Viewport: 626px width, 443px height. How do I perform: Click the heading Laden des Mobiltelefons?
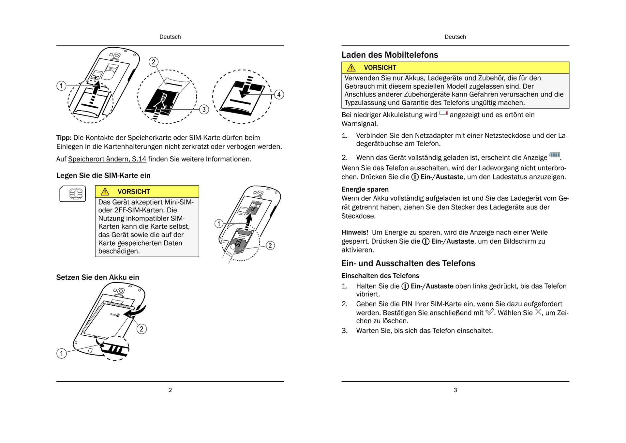point(390,55)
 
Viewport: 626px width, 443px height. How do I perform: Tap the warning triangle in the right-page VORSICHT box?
point(351,68)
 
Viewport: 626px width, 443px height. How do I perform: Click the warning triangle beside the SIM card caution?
point(105,191)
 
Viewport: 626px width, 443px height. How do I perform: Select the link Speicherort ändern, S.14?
point(107,159)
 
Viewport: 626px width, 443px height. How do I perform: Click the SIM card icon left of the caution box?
point(73,194)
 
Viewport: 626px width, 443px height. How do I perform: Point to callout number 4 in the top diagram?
point(279,95)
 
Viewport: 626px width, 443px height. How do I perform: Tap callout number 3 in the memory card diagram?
point(204,109)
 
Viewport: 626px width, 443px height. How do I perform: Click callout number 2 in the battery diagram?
point(142,329)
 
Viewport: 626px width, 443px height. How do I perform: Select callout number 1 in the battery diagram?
point(61,353)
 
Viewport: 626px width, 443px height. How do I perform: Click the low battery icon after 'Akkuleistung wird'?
point(443,113)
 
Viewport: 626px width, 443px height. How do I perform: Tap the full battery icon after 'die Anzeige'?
point(555,155)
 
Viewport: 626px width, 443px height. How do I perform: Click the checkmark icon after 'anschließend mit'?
point(489,312)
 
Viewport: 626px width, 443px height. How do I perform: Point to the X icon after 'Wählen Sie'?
point(538,312)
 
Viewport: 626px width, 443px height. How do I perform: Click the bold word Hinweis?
point(355,233)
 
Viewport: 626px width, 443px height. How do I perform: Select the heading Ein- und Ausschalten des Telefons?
point(408,263)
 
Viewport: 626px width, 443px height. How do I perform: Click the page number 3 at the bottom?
point(455,390)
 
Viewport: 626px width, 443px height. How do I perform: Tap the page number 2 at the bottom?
point(170,390)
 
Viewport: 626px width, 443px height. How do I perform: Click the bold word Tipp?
point(64,138)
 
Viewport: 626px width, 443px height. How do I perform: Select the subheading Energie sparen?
point(365,190)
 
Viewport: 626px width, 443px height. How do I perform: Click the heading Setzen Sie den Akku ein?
point(97,277)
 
